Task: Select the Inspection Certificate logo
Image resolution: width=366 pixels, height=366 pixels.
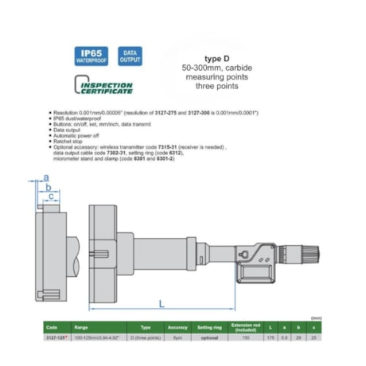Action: pyautogui.click(x=104, y=86)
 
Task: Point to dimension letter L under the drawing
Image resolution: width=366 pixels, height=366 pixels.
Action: pyautogui.click(x=162, y=303)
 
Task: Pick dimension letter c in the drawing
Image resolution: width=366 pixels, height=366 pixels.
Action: pyautogui.click(x=51, y=196)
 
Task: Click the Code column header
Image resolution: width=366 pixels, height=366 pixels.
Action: pyautogui.click(x=53, y=326)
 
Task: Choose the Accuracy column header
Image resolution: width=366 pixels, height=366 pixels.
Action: pyautogui.click(x=177, y=326)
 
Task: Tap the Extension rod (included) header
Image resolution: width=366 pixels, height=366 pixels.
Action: pyautogui.click(x=245, y=326)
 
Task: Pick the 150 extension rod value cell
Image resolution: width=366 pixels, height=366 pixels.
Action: pyautogui.click(x=245, y=337)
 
